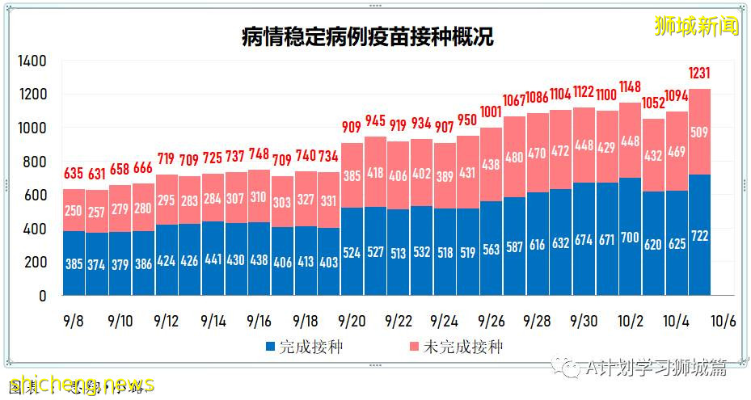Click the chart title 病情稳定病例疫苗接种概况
click(367, 37)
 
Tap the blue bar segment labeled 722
click(700, 235)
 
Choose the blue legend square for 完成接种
click(271, 347)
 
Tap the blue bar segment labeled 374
click(97, 264)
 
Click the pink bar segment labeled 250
click(74, 210)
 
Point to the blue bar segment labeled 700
click(631, 237)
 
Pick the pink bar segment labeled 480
click(514, 158)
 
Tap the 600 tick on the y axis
click(35, 196)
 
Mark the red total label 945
click(375, 121)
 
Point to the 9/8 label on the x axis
click(74, 321)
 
